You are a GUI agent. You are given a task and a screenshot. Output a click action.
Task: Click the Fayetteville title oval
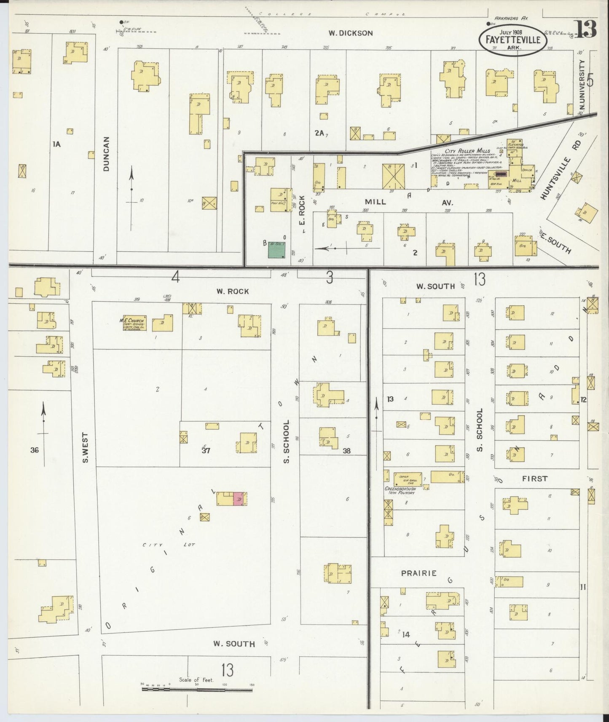513,39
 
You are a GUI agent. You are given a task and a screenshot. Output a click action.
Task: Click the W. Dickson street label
350,33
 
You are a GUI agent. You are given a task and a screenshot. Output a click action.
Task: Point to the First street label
534,479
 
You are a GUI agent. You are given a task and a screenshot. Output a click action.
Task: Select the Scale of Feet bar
196,690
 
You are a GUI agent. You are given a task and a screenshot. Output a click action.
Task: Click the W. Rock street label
233,291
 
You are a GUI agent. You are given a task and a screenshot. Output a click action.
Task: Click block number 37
206,450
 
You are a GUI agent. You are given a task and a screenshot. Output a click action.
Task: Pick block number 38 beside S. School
346,451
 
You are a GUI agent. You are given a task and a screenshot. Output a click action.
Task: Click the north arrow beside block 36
43,434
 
